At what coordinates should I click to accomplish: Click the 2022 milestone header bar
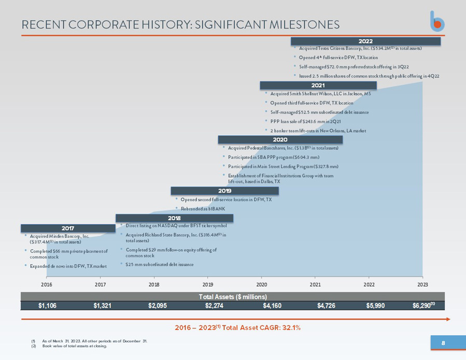click(365, 41)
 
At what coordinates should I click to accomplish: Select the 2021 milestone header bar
click(318, 85)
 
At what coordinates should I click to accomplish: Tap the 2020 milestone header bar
click(280, 140)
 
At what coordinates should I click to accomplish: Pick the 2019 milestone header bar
click(224, 191)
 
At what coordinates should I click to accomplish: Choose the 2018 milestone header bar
click(175, 218)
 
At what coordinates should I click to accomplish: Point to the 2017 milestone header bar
click(68, 228)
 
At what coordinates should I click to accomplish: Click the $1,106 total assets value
click(47, 306)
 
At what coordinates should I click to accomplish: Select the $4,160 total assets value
click(272, 306)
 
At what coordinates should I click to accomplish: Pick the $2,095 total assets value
click(158, 306)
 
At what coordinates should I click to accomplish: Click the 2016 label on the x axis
click(46, 284)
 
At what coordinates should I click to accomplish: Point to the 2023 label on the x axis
click(422, 284)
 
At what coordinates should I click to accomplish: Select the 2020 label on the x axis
click(262, 284)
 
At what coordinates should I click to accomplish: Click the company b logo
click(437, 21)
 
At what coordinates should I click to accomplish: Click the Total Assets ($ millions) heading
click(233, 297)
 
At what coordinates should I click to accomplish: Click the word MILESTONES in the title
click(305, 25)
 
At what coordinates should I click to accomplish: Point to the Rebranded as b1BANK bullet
click(201, 209)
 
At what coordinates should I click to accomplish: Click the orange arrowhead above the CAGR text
click(448, 319)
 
